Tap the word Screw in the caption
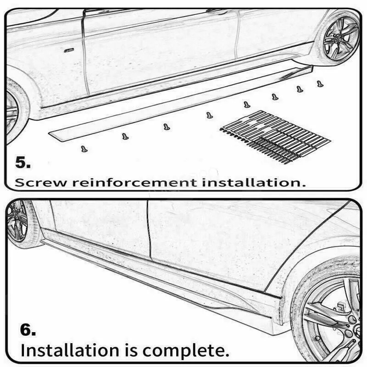[42, 182]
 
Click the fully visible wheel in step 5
[341, 38]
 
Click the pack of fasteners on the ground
[276, 136]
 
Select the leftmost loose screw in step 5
[84, 149]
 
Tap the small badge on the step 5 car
[69, 49]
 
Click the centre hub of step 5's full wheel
[341, 38]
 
